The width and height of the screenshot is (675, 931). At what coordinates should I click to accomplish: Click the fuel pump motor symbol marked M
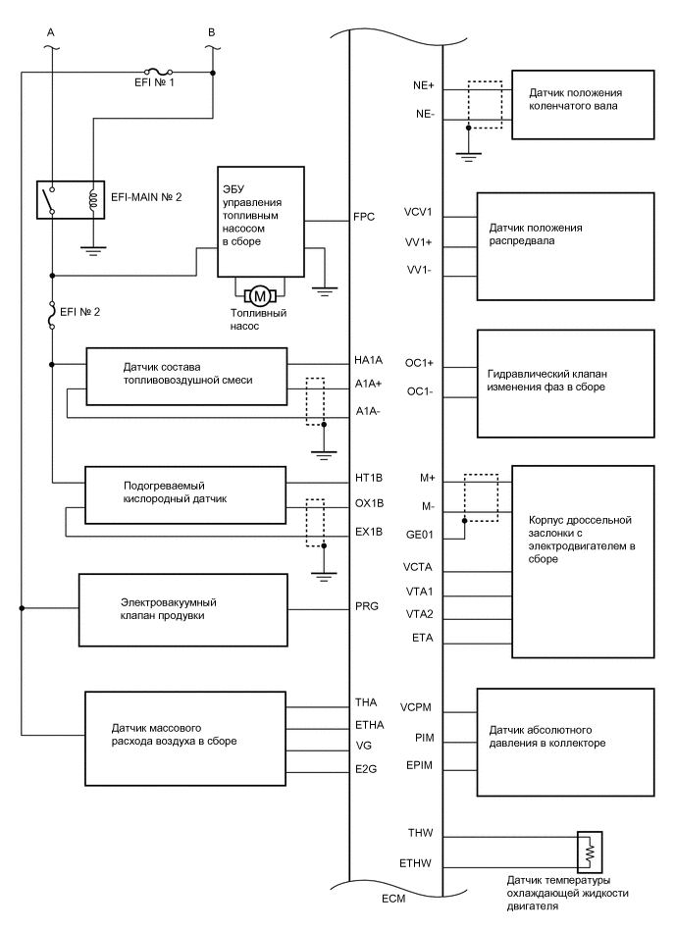261,296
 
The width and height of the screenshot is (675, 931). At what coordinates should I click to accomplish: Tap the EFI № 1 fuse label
132,85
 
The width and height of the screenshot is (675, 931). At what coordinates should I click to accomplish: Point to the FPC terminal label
364,216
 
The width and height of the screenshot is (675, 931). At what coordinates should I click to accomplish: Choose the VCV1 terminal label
419,212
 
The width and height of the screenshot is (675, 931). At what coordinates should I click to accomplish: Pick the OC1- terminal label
420,391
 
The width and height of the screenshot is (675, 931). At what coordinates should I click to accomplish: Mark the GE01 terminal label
420,536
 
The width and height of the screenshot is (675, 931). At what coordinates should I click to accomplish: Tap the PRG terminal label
365,608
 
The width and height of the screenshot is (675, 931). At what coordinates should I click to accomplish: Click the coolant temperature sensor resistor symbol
591,852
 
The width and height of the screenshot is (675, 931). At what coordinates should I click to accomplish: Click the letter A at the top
50,31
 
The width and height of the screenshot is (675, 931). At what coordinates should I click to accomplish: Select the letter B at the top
212,31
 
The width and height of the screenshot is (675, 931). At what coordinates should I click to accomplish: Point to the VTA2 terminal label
420,615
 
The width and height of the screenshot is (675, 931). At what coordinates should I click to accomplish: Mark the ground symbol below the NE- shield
468,151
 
